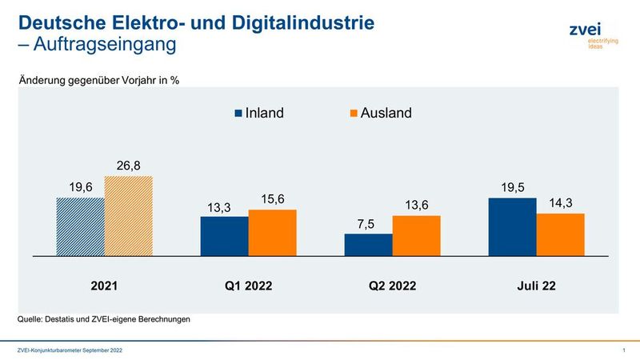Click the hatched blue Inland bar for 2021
pos(80,226)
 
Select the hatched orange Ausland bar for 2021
pos(128,216)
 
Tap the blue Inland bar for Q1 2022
pos(224,236)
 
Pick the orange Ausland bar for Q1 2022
pos(272,233)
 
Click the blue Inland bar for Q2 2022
pos(368,245)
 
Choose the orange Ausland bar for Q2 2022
pos(416,236)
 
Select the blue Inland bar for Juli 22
pos(512,227)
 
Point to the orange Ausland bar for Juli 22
pos(560,234)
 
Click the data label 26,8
pos(128,166)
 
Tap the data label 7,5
pos(368,224)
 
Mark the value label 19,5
pos(512,187)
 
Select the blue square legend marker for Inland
pos(238,114)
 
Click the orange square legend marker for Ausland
pos(354,114)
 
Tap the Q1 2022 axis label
pos(248,285)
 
